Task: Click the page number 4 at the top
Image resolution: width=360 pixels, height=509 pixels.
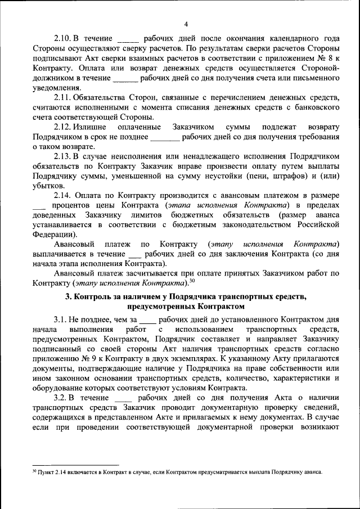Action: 186,23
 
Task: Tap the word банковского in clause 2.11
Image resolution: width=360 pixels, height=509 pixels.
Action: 313,107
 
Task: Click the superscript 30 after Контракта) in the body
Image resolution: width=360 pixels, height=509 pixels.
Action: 192,281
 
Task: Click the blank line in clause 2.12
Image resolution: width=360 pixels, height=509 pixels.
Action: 164,137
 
